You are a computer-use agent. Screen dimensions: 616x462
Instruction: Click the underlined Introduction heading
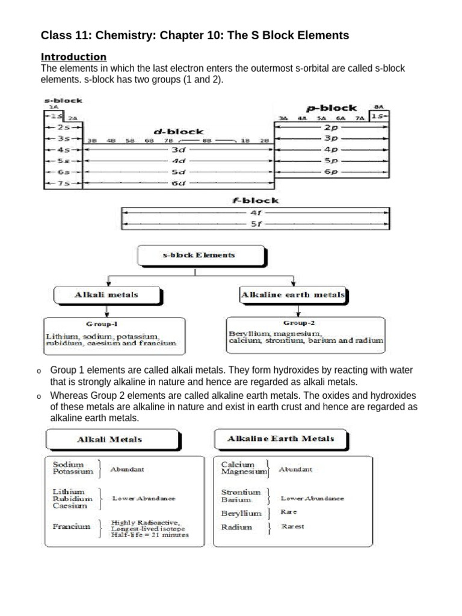click(73, 57)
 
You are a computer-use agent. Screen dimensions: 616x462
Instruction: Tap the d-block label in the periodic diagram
click(179, 131)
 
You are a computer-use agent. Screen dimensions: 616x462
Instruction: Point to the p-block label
click(331, 108)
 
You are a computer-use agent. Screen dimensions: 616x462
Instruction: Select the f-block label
click(256, 200)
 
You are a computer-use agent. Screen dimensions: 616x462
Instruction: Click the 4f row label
click(256, 212)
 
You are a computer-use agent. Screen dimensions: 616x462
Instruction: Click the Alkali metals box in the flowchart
click(106, 295)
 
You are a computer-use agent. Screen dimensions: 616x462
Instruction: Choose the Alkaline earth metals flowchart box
click(293, 295)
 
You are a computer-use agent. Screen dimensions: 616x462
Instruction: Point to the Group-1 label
click(106, 324)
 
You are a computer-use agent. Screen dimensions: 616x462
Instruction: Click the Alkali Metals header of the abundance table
click(110, 439)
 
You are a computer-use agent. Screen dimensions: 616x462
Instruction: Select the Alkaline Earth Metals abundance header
click(280, 439)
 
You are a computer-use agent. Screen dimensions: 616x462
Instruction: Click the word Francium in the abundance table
click(72, 526)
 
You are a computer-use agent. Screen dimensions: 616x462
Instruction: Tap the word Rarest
click(292, 526)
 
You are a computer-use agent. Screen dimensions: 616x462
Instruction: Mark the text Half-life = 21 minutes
click(150, 534)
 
